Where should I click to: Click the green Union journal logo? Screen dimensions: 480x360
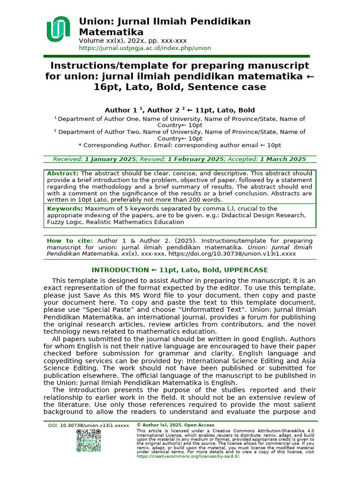[58, 29]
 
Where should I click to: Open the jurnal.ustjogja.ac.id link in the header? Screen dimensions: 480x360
[145, 48]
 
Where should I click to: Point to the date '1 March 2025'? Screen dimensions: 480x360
[283, 159]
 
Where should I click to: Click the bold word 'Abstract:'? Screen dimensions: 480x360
[63, 173]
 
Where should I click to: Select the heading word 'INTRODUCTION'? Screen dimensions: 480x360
[120, 270]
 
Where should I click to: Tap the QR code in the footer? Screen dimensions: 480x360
[89, 441]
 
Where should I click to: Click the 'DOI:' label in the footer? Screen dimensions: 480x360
[53, 425]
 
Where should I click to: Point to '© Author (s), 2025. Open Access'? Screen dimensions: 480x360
[175, 425]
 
